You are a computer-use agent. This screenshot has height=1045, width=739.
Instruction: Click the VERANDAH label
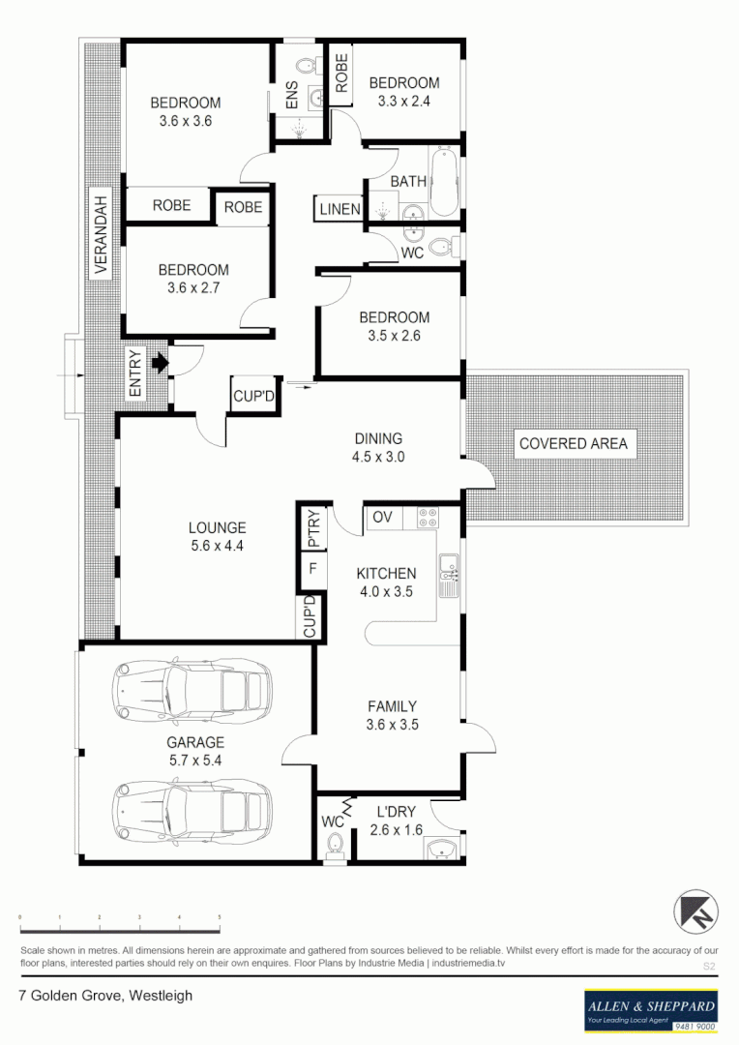[x=101, y=233]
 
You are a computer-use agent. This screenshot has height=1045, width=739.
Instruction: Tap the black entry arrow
[x=159, y=364]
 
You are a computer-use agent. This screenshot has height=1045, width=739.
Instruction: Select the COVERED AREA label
[x=573, y=444]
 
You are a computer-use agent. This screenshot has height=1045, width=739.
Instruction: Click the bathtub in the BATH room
[x=444, y=181]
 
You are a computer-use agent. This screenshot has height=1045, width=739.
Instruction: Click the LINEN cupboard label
[x=340, y=209]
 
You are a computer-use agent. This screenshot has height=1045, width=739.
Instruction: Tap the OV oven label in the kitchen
[x=382, y=518]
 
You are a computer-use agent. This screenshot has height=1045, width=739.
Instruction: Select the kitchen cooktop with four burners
[x=426, y=518]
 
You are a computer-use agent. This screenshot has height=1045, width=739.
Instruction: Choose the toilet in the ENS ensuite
[x=305, y=67]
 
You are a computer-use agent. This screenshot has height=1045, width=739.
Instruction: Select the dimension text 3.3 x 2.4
[x=403, y=101]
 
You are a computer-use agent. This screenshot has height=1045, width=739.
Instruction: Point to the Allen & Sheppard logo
[x=650, y=1009]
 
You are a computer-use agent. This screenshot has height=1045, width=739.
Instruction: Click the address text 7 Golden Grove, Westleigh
[x=106, y=995]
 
